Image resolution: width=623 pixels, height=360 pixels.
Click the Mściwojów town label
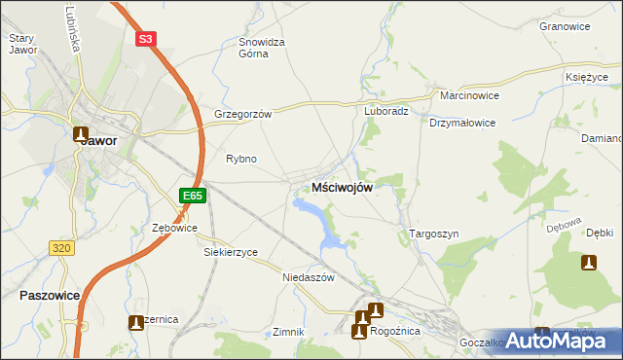342,188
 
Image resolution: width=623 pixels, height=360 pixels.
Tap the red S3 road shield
145,39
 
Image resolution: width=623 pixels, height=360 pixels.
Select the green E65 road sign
192,196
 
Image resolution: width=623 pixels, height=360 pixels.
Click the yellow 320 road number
61,248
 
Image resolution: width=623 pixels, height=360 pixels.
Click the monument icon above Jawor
80,134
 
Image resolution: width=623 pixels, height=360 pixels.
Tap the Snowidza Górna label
262,48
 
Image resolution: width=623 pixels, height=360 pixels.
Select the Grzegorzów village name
242,113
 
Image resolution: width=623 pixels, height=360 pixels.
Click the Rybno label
240,158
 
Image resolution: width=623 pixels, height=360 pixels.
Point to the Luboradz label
386,111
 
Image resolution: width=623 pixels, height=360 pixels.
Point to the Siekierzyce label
230,252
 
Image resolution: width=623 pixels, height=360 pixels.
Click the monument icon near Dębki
588,262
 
